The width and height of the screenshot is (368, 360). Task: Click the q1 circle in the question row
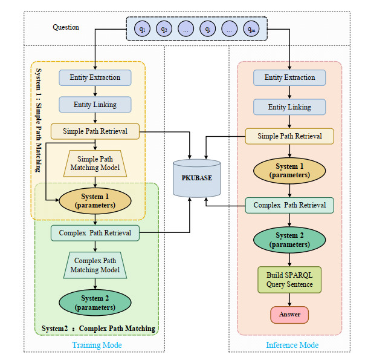coord(142,28)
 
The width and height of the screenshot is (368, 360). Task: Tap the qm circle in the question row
coord(251,28)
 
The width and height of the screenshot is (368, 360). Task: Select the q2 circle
coord(164,28)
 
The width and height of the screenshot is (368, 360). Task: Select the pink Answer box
coord(289,315)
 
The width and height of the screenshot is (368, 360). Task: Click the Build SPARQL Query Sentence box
coord(289,280)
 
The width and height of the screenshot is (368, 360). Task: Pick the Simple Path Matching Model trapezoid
coord(95,163)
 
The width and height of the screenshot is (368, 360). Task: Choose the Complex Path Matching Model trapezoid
coord(95,265)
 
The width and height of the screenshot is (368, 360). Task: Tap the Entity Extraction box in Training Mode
coord(95,77)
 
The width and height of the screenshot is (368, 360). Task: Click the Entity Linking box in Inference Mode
coord(289,107)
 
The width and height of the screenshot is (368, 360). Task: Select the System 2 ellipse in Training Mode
coord(95,303)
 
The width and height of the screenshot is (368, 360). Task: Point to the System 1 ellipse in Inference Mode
coord(289,171)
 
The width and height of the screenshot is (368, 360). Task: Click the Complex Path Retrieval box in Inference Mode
coord(289,205)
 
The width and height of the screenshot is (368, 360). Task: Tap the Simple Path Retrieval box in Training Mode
coord(95,131)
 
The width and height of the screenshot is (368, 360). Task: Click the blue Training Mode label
coord(97,345)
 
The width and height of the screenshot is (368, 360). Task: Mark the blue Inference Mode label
coord(292,345)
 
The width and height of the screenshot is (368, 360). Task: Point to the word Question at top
coord(66,27)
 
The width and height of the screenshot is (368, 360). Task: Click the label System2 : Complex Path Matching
coord(98,329)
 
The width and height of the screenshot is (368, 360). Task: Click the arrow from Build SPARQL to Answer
coord(289,300)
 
